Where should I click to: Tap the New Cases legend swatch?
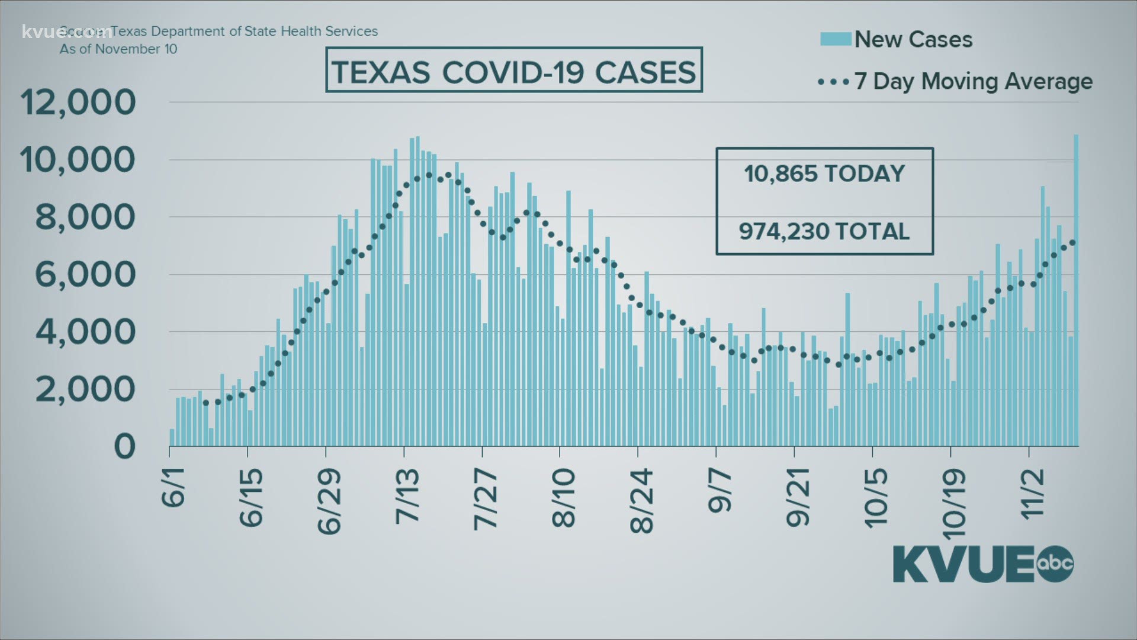[836, 40]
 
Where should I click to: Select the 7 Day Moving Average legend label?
[973, 82]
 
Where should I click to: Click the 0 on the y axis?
[124, 447]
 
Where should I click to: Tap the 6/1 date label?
[172, 487]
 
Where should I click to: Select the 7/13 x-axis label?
[407, 495]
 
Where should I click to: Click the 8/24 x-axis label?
[641, 501]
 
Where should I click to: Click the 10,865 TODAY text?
[824, 174]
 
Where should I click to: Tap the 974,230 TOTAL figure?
[824, 232]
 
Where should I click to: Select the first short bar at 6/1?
[172, 437]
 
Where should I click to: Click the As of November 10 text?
[118, 49]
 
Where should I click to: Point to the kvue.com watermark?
[66, 31]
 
